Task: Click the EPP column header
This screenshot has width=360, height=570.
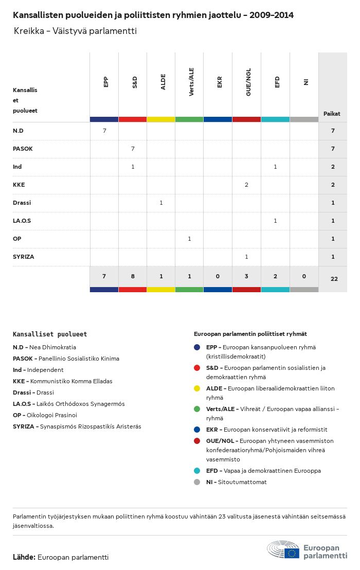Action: click(106, 82)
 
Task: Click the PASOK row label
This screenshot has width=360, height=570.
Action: click(23, 149)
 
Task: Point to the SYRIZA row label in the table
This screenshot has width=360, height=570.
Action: click(23, 257)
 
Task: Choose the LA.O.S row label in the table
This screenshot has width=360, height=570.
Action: click(22, 221)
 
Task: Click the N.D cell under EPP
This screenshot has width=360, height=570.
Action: click(104, 131)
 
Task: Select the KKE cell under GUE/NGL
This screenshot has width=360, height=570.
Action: click(247, 185)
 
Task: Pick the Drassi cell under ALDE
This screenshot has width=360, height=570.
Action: click(161, 203)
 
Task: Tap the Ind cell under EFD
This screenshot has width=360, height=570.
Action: click(276, 167)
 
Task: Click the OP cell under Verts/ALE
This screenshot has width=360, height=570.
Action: click(189, 239)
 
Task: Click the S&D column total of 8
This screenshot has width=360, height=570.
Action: click(133, 276)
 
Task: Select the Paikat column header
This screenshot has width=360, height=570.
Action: click(332, 114)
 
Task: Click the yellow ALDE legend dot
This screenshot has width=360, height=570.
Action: click(197, 388)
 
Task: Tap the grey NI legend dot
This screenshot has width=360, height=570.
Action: click(197, 482)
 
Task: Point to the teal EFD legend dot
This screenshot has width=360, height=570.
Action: click(197, 471)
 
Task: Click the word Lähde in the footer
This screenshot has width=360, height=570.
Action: click(24, 557)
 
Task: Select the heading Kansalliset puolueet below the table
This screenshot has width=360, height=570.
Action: click(50, 334)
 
